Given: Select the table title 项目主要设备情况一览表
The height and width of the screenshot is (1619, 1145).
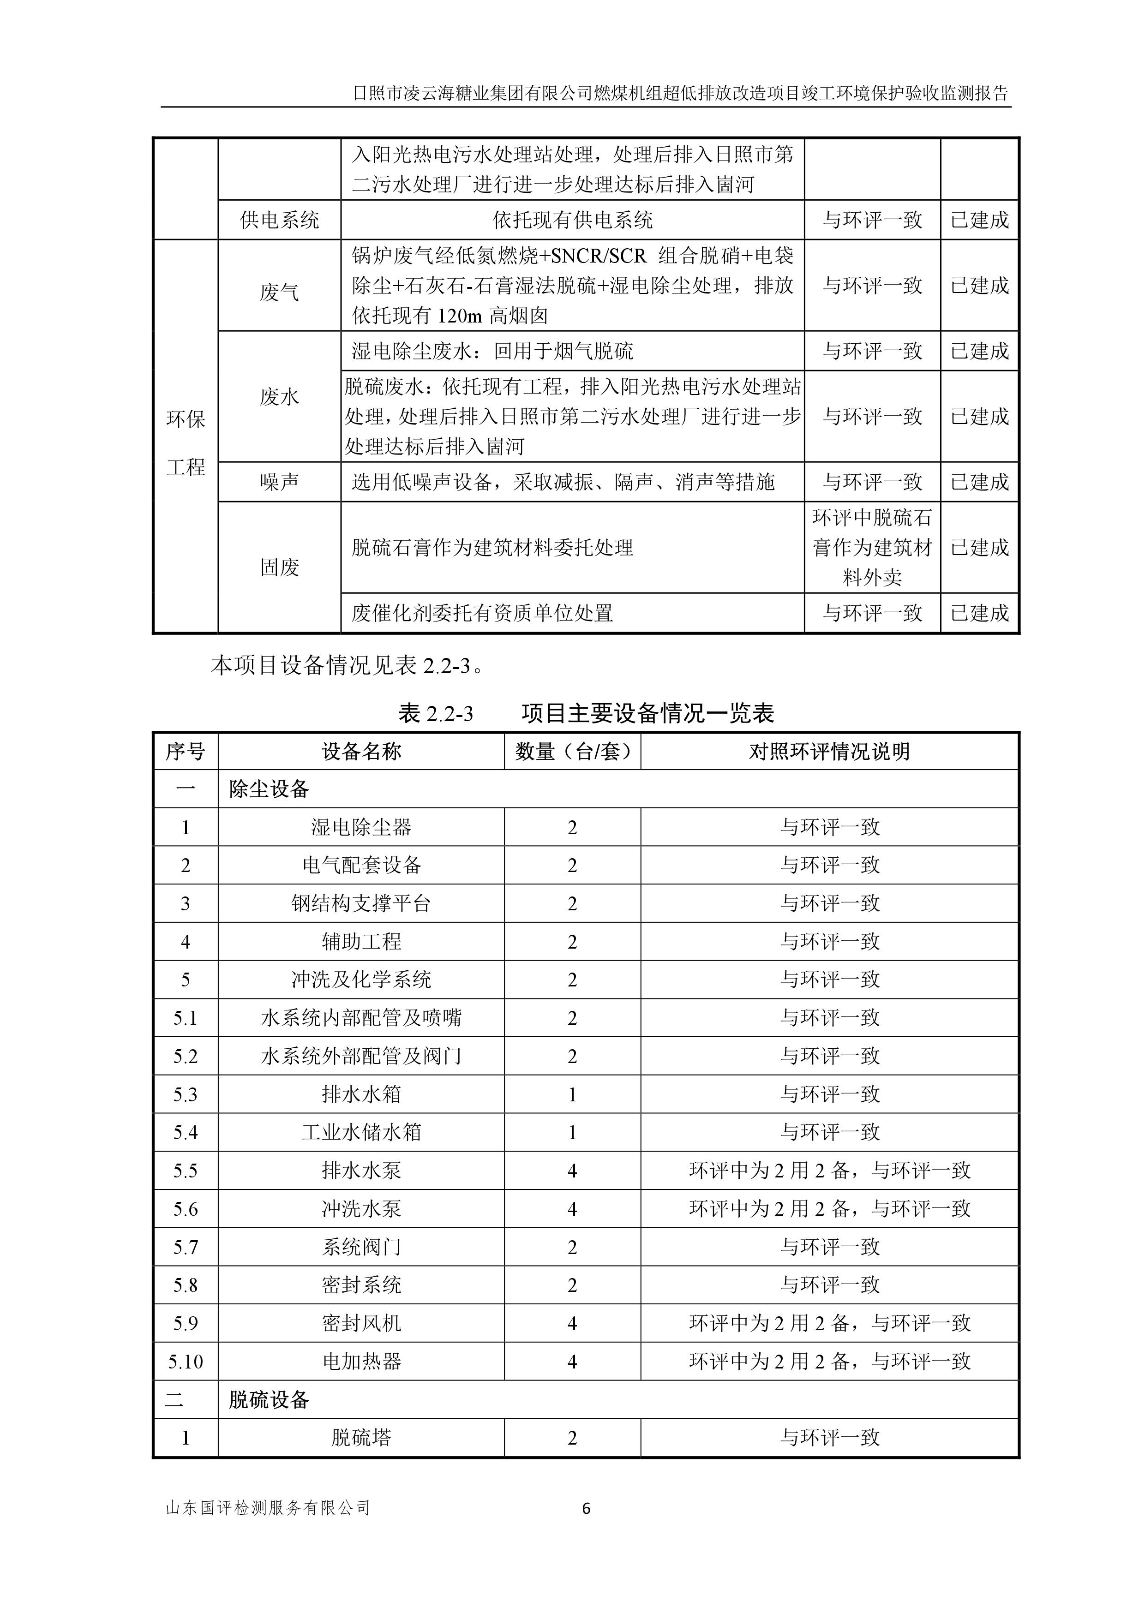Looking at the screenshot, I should tap(647, 714).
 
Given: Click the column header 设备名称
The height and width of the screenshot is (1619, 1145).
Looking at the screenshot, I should tap(361, 752).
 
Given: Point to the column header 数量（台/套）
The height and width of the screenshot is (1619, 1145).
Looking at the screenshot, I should tap(572, 752).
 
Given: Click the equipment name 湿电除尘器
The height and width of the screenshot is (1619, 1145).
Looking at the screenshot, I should tap(361, 827).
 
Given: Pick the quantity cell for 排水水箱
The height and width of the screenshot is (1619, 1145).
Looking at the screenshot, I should tap(572, 1094).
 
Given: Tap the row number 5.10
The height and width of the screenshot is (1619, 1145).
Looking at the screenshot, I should tap(186, 1362).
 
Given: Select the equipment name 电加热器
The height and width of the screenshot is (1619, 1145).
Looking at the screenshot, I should tap(361, 1362).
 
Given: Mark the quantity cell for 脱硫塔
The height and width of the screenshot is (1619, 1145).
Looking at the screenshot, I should tap(572, 1438).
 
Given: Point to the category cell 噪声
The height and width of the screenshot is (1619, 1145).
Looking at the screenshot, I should tap(279, 482).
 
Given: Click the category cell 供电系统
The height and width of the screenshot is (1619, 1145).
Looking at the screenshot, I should tap(279, 220).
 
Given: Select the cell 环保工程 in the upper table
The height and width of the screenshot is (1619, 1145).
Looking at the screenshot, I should tap(186, 443).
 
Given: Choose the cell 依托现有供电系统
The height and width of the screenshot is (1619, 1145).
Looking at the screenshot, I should tap(572, 220).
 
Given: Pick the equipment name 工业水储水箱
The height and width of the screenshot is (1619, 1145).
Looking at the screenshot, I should tap(361, 1132).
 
